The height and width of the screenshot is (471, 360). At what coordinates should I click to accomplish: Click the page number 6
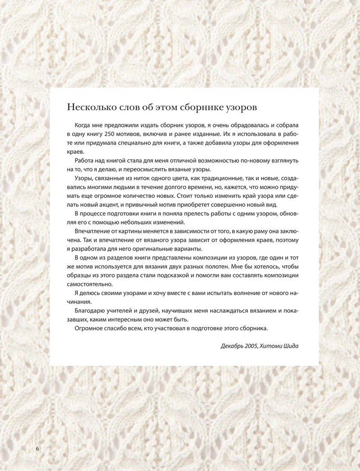pos(37,449)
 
